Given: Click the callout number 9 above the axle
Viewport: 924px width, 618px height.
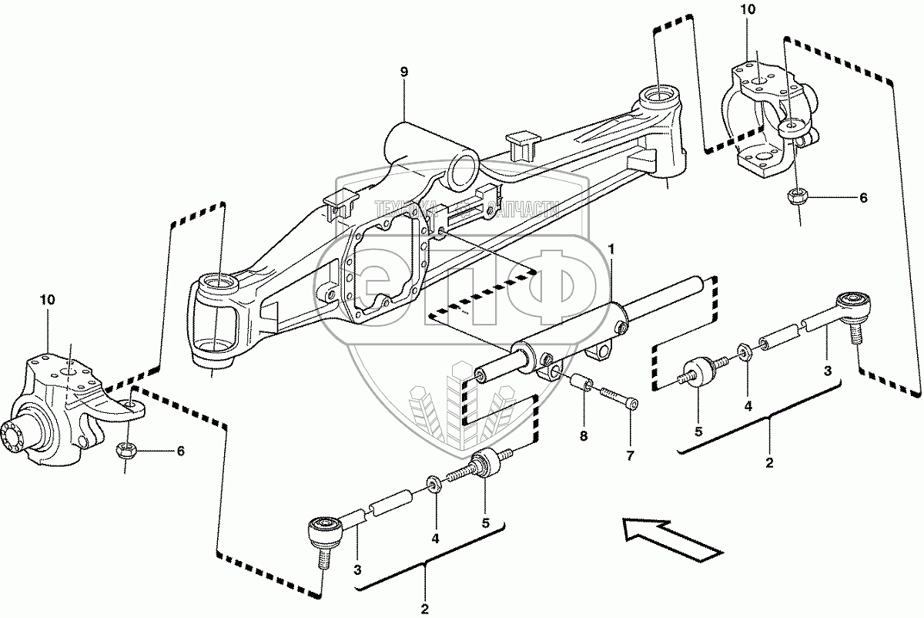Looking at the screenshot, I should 404,72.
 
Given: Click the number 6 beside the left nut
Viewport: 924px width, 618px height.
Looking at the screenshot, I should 180,451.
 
